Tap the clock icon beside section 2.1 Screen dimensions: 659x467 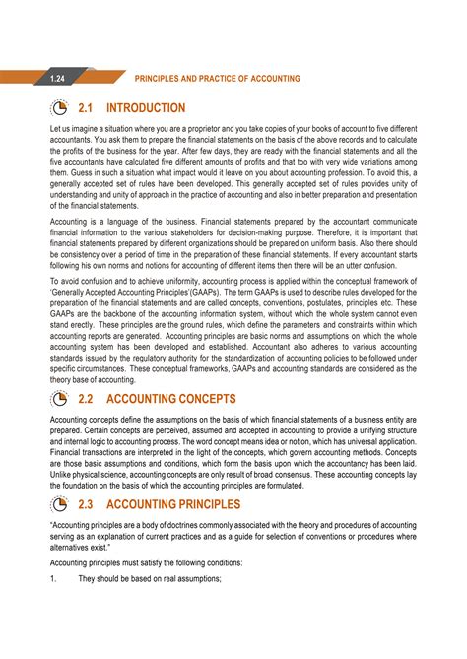pos(58,108)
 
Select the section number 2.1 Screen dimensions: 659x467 pos(90,108)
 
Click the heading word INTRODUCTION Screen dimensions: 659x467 pos(146,108)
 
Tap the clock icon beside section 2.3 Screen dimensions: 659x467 pos(58,504)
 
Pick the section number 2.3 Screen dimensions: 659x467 pos(90,504)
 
